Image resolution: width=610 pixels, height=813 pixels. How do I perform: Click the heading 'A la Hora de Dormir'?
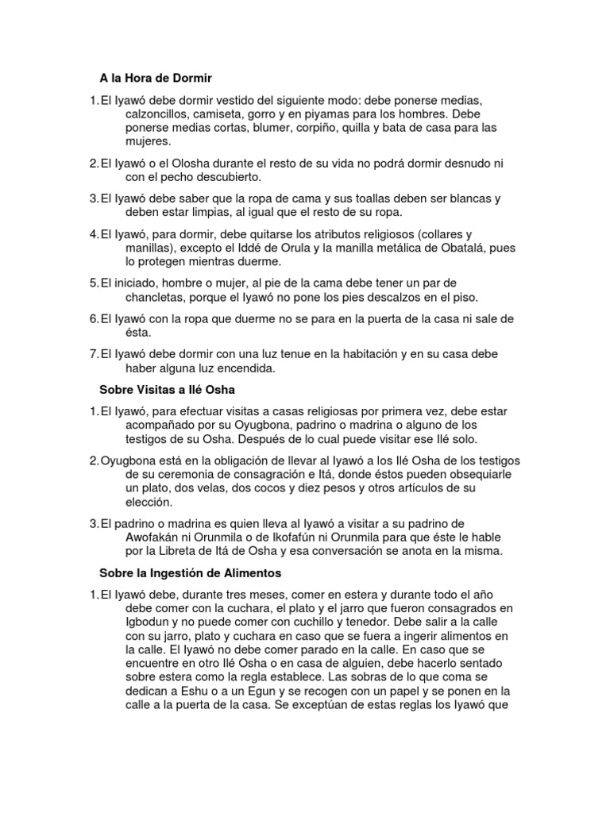(156, 79)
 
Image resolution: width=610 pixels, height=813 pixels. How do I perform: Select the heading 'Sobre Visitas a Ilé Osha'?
(167, 390)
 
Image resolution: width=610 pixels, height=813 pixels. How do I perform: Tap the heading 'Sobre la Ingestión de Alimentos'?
(191, 572)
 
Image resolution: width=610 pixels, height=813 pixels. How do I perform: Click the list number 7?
(92, 354)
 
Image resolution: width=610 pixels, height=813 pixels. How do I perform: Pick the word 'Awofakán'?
(156, 537)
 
